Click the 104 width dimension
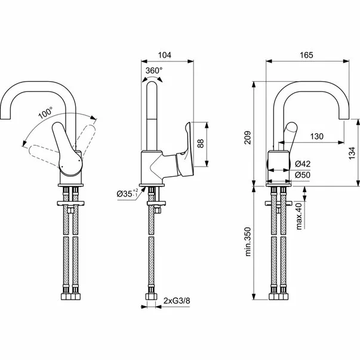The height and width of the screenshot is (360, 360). pos(165,54)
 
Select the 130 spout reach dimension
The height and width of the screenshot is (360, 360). pos(317,137)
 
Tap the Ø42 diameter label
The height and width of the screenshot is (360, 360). pos(303,164)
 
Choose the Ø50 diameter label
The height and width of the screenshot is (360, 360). pos(303,174)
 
